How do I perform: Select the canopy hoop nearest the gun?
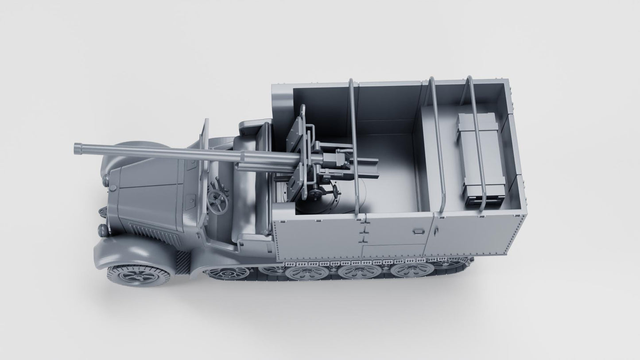click(354, 146)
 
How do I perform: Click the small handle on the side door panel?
click(418, 231)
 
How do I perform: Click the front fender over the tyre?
click(128, 252)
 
